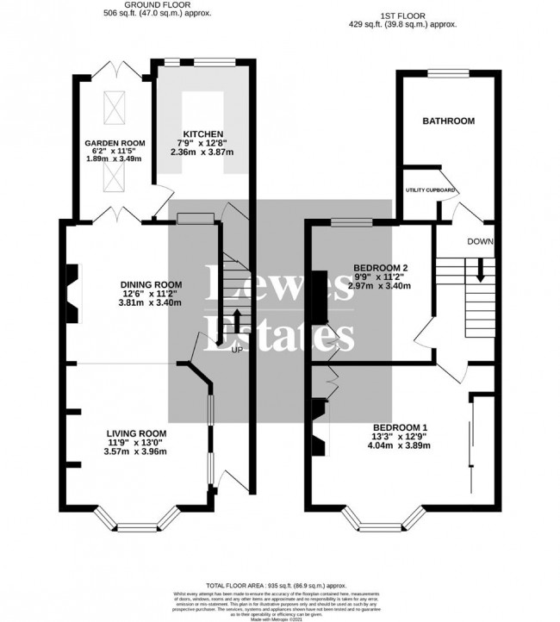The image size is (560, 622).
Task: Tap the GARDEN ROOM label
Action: (114, 142)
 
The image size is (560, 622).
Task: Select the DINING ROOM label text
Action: (151, 285)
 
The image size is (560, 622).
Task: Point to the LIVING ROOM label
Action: (136, 432)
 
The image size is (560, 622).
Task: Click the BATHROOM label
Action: (447, 121)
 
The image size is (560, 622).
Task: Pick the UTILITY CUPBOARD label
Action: (431, 189)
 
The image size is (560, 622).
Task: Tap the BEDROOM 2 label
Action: (381, 267)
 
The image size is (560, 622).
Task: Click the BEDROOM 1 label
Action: (400, 427)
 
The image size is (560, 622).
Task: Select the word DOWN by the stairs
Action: (479, 242)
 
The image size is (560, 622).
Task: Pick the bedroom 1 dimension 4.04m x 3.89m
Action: (400, 446)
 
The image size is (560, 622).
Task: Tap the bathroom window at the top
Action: (446, 72)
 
